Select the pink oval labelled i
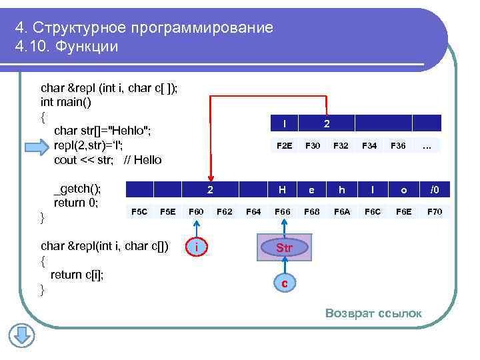[195, 248]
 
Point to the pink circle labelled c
[285, 283]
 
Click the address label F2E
[285, 145]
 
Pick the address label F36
[398, 145]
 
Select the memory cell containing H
[282, 190]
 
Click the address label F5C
[139, 212]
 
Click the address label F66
[283, 212]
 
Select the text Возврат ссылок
[373, 313]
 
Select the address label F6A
[342, 212]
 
